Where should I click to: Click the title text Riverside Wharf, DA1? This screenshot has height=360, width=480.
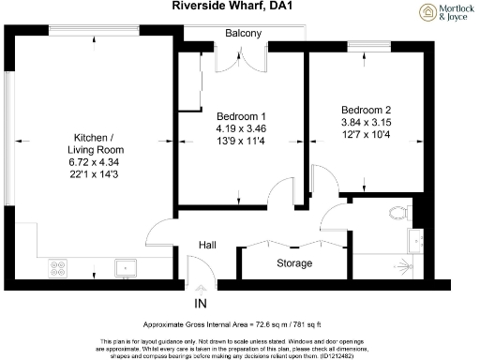(230, 7)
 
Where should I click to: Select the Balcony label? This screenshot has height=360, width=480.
(243, 34)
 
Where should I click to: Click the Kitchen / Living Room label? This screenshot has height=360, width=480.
(96, 142)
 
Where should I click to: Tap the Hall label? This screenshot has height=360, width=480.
(207, 245)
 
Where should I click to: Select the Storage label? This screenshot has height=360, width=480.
(293, 263)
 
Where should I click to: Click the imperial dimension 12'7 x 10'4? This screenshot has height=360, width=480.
(365, 132)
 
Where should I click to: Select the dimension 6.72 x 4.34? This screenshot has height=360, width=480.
(96, 162)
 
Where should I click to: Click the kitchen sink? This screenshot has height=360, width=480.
(123, 268)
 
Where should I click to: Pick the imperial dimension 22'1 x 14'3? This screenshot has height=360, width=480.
(96, 175)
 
